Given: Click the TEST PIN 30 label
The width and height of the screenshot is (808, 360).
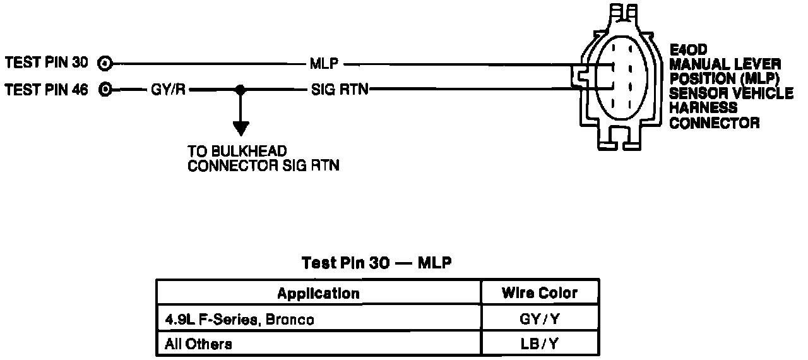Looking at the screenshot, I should tap(47, 63).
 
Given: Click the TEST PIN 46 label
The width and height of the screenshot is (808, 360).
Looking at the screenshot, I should tap(47, 90).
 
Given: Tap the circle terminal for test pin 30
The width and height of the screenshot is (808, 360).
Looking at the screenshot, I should tap(106, 63).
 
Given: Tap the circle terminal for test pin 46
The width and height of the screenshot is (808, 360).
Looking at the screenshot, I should tap(106, 90).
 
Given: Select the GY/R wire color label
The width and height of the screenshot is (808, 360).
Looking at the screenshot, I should tap(167, 90).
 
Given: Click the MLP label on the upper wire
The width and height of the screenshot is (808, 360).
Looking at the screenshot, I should tap(324, 63).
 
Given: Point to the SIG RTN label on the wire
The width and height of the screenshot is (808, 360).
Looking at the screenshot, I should tap(339, 90).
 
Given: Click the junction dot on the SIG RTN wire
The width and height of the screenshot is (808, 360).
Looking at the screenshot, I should tap(239, 90).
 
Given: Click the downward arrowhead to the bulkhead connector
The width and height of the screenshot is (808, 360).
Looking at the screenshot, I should tap(239, 129).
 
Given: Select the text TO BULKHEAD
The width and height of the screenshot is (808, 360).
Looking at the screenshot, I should tap(237, 152).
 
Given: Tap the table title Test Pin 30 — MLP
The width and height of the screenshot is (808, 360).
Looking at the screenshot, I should tap(377, 263).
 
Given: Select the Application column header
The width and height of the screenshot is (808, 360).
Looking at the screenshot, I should tap(318, 293).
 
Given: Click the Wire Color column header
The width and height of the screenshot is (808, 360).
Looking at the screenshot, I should tap(539, 293).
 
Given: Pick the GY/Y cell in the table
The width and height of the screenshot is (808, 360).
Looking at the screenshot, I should tap(540, 320).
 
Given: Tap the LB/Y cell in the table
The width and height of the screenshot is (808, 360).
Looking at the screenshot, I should tap(540, 344).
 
